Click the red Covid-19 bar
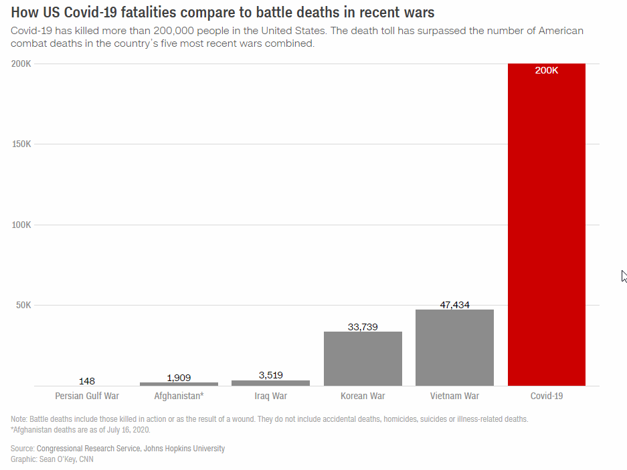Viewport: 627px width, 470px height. [547, 227]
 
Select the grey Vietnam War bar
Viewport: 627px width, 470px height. [454, 348]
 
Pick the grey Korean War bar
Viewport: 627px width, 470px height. [363, 358]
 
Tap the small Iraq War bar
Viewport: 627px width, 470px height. [270, 383]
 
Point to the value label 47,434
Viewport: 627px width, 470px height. [454, 305]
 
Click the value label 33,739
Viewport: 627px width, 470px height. [363, 327]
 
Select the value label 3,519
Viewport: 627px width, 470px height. [270, 375]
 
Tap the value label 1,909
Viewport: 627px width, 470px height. [179, 378]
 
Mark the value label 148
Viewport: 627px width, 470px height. [87, 381]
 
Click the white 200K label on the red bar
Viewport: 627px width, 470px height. [547, 70]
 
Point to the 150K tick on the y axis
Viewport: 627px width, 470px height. [21, 144]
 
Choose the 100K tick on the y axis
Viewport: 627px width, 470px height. [21, 225]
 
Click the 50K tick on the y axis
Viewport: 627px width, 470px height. [23, 306]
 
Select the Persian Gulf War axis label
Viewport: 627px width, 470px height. [87, 396]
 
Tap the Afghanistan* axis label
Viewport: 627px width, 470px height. [179, 396]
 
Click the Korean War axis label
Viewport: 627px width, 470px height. [363, 396]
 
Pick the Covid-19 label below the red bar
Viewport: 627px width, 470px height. [547, 396]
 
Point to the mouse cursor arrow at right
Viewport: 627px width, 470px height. [624, 275]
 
